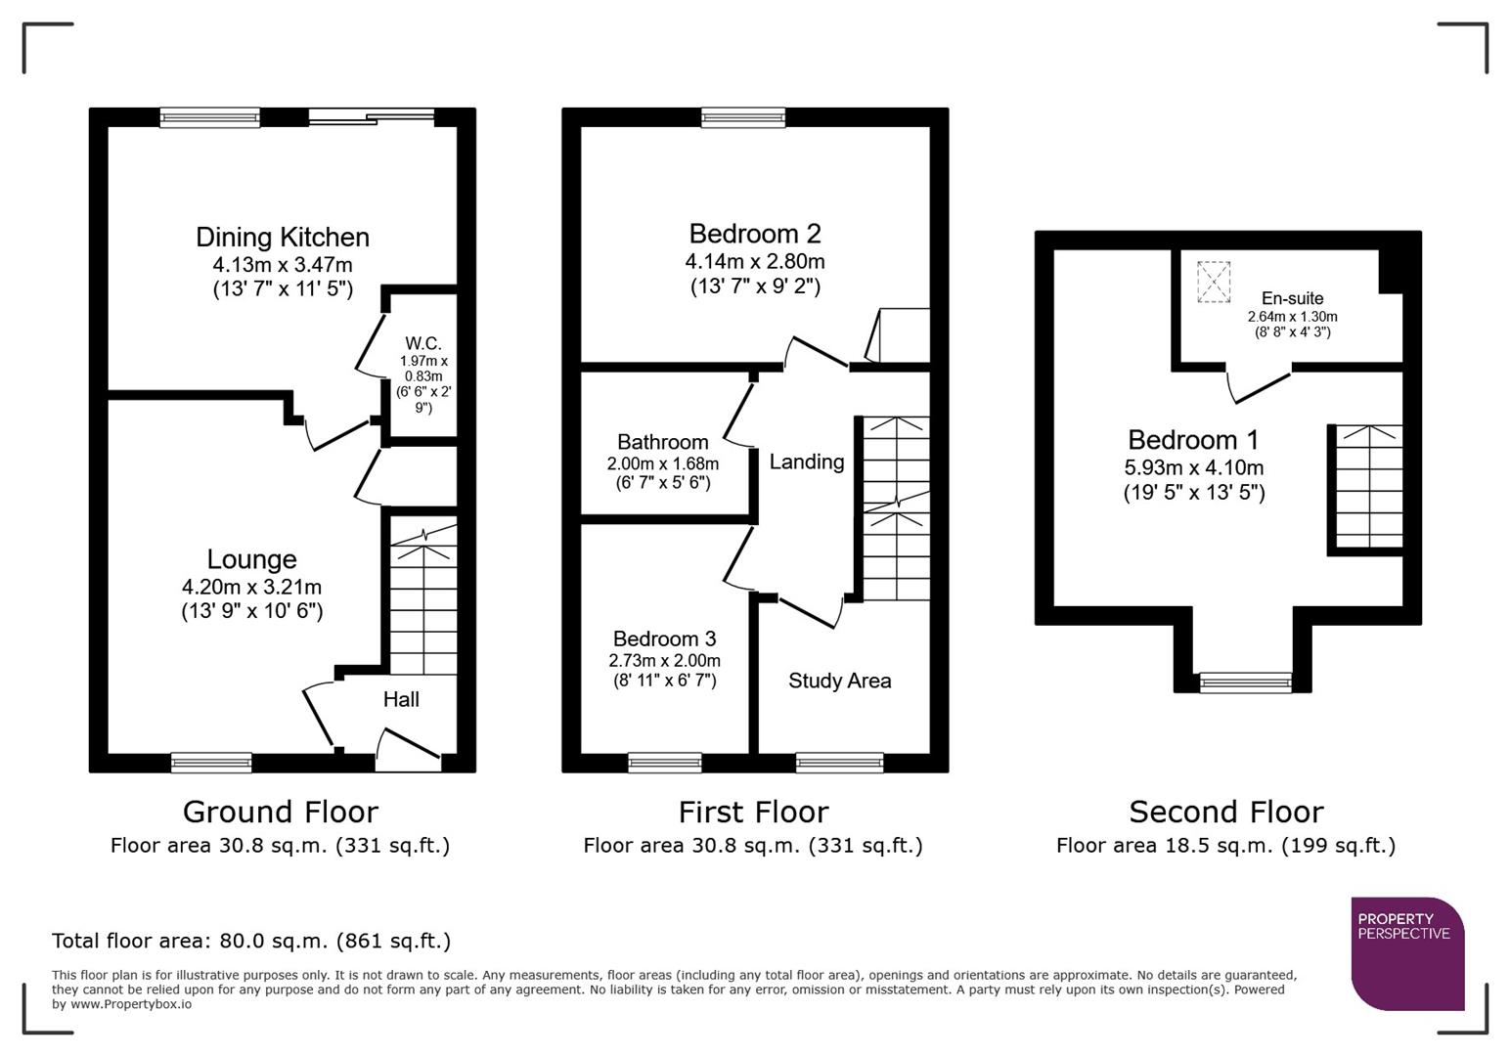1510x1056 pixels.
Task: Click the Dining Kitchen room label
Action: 282,238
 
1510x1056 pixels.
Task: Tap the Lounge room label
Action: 251,559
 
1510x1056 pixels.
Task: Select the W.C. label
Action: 423,343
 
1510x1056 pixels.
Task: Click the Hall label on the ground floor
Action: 401,699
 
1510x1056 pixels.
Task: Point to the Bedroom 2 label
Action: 754,234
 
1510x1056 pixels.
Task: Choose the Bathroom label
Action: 662,442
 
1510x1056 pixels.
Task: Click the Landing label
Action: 806,462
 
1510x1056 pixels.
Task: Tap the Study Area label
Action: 839,681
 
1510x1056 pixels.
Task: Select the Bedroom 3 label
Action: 664,638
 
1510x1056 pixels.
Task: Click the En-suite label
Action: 1292,298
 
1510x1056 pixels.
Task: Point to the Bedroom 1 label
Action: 1193,440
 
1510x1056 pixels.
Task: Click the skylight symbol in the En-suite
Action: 1213,282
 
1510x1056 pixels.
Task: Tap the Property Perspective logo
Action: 1406,953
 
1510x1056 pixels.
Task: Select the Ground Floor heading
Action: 280,812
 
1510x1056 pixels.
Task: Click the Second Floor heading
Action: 1225,812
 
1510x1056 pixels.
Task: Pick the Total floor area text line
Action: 251,941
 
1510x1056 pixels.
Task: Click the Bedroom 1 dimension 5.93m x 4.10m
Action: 1193,467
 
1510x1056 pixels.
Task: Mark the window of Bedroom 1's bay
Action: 1245,682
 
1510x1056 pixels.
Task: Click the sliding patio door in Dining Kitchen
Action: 371,117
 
